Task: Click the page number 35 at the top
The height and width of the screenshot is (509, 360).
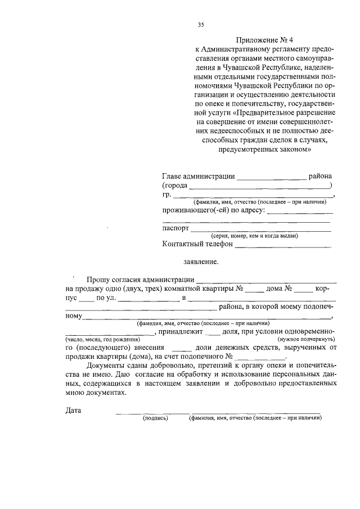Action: [201, 24]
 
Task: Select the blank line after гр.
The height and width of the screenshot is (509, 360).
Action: [253, 196]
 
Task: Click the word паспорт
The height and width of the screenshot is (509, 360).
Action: [175, 229]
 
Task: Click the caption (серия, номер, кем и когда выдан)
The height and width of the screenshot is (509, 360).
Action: [254, 236]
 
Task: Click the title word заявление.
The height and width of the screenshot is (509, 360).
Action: [201, 262]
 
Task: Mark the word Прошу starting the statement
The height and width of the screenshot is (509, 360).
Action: [98, 280]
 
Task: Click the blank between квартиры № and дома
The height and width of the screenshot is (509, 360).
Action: [254, 291]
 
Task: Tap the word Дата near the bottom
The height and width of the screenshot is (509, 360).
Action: [73, 410]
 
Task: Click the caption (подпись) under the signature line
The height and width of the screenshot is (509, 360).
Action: [156, 418]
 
